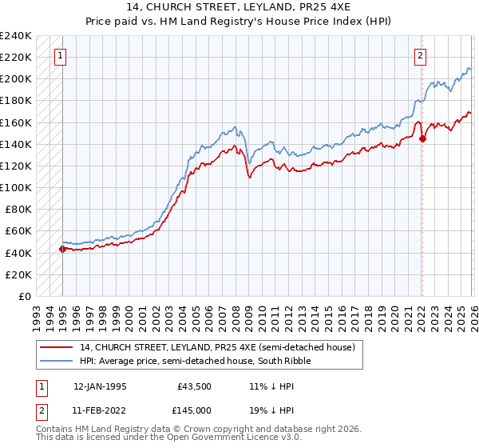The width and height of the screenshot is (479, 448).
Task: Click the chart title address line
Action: click(239, 7)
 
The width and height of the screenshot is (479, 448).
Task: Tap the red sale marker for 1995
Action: click(62, 249)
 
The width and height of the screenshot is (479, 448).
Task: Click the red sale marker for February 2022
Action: click(422, 138)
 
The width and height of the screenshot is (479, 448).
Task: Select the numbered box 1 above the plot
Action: click(61, 56)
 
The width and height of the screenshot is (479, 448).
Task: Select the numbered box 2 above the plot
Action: click(420, 56)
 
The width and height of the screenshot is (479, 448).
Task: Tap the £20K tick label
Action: click(18, 274)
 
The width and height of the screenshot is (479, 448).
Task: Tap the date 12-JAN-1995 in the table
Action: click(100, 386)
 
